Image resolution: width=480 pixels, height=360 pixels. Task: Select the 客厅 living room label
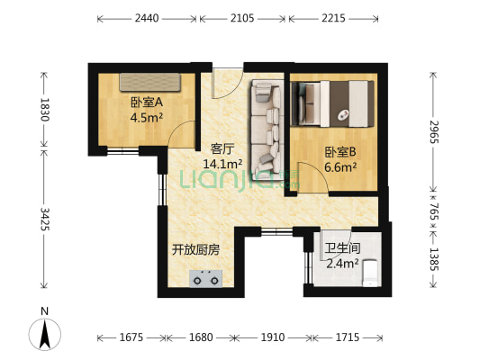pyautogui.click(x=223, y=148)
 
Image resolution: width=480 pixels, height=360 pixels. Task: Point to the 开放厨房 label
pyautogui.click(x=196, y=249)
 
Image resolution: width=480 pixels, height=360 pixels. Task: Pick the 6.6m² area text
pyautogui.click(x=340, y=166)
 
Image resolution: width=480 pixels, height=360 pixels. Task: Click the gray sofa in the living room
pyautogui.click(x=266, y=126)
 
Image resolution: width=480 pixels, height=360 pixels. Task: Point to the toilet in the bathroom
pyautogui.click(x=369, y=280)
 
